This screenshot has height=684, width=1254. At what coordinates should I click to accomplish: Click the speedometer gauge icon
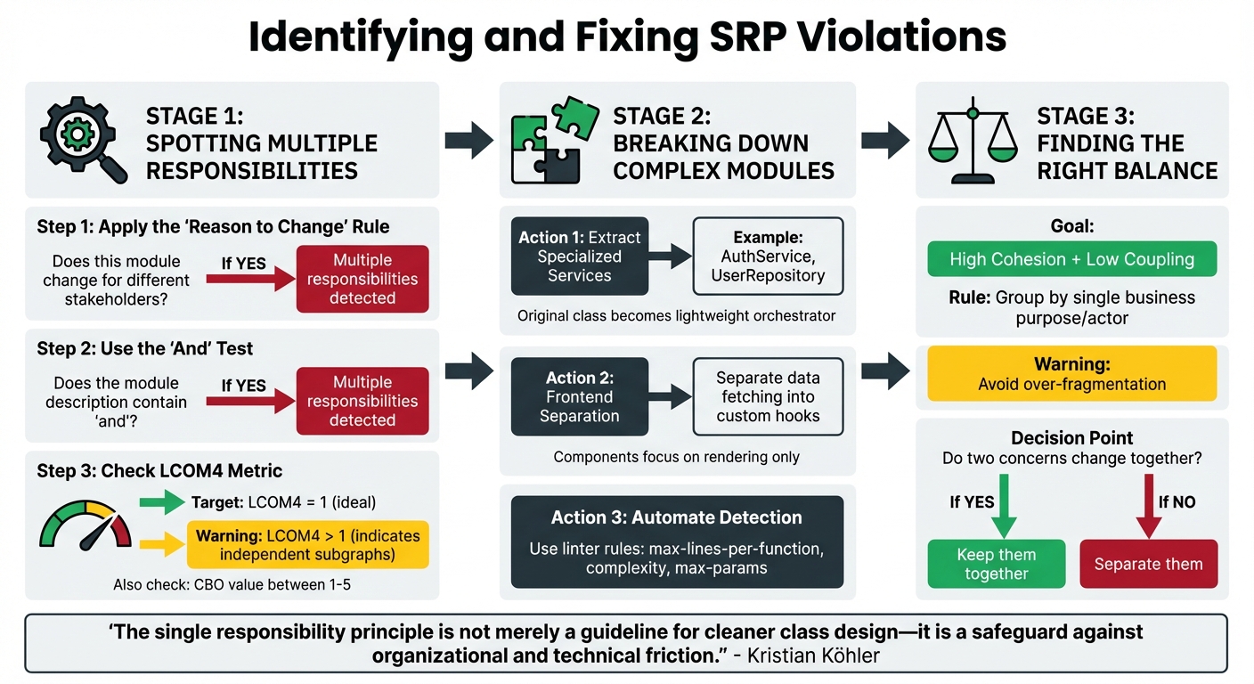(85, 525)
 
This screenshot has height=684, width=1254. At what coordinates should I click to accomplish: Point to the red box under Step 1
(362, 279)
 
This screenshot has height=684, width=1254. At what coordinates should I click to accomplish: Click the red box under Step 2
(362, 401)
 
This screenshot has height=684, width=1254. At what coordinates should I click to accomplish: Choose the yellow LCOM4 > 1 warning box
(307, 544)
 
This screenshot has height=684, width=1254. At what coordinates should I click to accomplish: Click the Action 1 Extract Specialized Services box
(579, 256)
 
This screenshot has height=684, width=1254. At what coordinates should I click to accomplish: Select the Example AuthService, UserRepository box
(768, 256)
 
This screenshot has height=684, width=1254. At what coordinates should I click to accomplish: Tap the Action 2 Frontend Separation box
(579, 396)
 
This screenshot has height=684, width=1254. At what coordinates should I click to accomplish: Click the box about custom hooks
(768, 396)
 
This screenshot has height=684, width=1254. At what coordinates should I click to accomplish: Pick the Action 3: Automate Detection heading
(676, 517)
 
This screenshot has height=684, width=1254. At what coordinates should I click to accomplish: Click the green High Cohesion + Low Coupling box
(1071, 259)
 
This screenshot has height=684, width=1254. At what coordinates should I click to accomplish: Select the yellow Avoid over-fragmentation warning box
(1071, 374)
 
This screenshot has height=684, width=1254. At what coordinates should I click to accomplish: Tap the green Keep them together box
(996, 564)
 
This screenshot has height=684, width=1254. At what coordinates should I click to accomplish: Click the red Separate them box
(1148, 564)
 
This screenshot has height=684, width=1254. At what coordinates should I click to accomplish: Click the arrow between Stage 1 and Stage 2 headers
(468, 140)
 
